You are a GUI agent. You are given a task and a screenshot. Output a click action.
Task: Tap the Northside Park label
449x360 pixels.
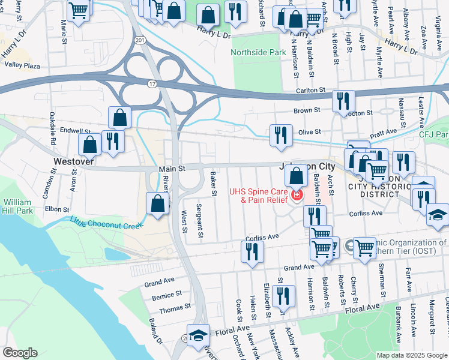259,53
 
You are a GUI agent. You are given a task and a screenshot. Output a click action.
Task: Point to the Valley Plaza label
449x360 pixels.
22,65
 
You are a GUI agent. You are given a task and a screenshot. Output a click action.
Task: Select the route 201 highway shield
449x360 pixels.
140,40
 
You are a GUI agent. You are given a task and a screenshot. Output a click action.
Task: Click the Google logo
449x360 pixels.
20,353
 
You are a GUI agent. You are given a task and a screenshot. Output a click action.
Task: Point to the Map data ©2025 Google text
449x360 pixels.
412,355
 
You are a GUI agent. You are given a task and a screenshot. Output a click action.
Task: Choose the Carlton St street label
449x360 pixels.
310,91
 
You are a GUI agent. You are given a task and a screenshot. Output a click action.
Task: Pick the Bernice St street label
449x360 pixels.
167,295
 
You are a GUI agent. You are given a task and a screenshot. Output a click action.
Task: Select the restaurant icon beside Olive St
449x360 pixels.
281,136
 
